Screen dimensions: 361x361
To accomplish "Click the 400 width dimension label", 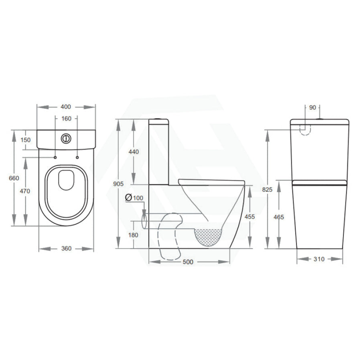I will point(66,107).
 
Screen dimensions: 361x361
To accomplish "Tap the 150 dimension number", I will point(26,140).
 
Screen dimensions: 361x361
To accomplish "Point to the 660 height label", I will point(14,178).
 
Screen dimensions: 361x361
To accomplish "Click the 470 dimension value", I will point(25,191).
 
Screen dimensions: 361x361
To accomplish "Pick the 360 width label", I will point(66,249).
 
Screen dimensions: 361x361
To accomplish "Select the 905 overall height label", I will point(118,184).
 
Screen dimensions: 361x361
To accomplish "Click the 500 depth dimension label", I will point(188,262).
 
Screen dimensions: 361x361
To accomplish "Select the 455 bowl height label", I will point(250,217).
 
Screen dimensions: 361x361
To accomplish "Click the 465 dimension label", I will point(279,217).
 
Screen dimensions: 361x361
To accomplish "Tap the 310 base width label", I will point(318,259).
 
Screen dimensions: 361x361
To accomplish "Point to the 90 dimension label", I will point(313,107).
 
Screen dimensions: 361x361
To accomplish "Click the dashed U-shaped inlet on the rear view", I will point(306,129).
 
